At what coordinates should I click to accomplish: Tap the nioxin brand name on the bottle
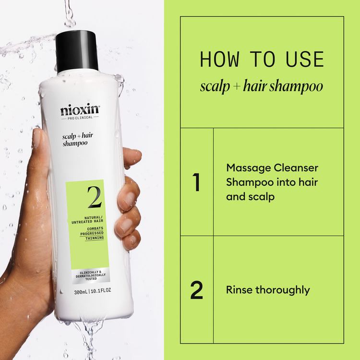click(80, 110)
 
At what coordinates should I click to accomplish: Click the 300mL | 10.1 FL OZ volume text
click(90, 291)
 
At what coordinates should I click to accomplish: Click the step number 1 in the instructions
click(196, 183)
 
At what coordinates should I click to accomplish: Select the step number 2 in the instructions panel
click(196, 291)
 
